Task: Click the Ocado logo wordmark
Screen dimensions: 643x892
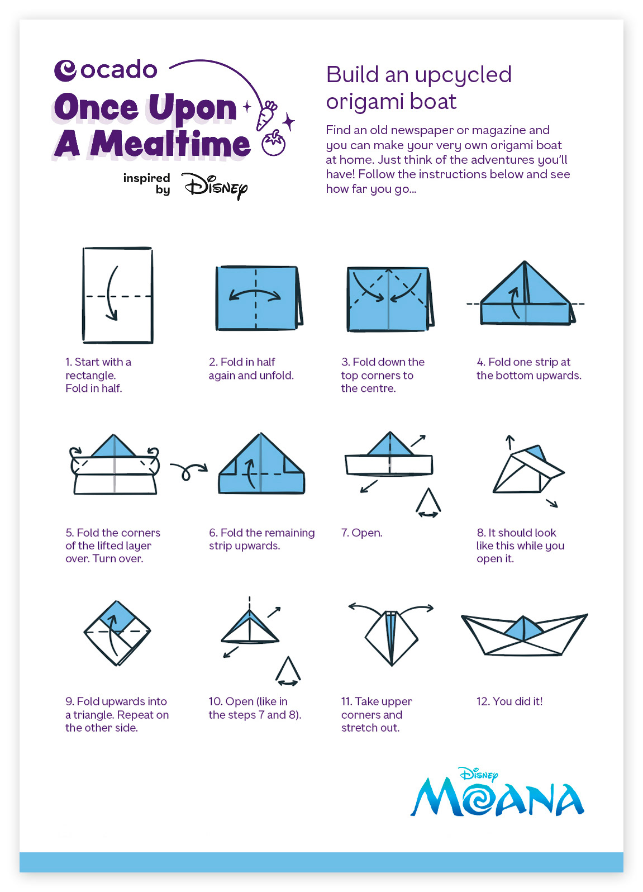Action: point(106,70)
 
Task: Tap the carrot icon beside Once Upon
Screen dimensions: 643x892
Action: point(266,116)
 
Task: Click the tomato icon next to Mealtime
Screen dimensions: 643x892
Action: point(274,143)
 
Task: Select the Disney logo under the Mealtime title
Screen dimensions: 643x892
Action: point(215,186)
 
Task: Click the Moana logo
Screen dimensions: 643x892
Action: point(497,793)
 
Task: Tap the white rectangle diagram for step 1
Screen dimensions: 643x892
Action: point(118,295)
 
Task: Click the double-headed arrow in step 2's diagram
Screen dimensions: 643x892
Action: point(255,294)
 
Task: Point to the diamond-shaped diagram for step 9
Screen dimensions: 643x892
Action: point(117,633)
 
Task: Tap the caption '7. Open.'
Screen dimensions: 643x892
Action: point(361,533)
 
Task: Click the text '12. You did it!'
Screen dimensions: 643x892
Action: point(509,701)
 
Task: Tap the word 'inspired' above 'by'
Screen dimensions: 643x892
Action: point(146,178)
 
